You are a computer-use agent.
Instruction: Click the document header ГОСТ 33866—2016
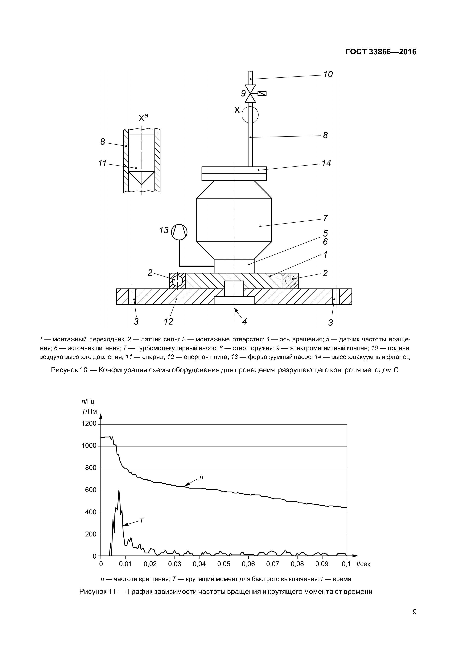(x=381, y=52)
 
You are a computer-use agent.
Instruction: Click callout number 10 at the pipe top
(x=328, y=75)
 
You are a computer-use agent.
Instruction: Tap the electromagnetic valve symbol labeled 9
(x=250, y=93)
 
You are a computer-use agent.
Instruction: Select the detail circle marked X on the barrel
(x=250, y=114)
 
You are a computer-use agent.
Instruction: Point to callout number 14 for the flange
(x=326, y=163)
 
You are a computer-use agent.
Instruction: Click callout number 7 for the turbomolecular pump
(x=325, y=218)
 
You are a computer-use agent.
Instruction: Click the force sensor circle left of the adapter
(x=177, y=281)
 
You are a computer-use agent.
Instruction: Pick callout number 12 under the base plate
(x=168, y=321)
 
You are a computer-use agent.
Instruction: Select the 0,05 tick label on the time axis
(x=224, y=564)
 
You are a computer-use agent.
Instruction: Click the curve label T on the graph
(x=142, y=520)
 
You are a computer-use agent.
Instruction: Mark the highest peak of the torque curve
(x=119, y=491)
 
